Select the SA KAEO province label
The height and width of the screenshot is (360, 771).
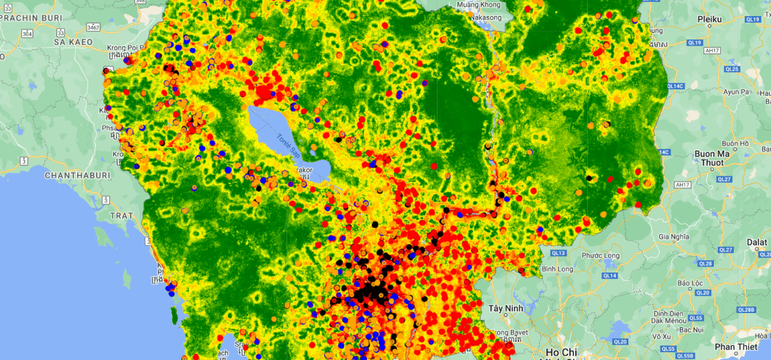tap(73, 42)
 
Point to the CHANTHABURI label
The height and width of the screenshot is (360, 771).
tap(77, 175)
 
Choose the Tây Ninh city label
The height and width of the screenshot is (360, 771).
tap(504, 309)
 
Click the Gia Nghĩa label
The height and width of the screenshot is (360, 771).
tap(673, 237)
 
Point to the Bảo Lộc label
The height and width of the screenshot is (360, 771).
tap(691, 283)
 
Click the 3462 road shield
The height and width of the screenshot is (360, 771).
tap(94, 28)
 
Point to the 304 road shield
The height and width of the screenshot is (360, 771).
tap(26, 33)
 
